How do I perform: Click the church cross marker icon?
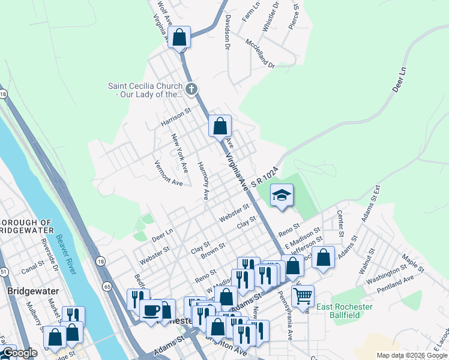[191, 90]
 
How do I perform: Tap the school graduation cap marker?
[281, 194]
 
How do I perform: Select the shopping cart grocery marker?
[303, 295]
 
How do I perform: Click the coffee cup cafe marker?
[150, 310]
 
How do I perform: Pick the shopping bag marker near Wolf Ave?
[179, 37]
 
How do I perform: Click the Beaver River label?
[67, 254]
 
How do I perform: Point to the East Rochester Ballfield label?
[345, 311]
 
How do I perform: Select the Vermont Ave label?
[168, 173]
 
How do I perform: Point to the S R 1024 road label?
[266, 175]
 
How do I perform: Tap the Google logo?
[20, 353]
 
